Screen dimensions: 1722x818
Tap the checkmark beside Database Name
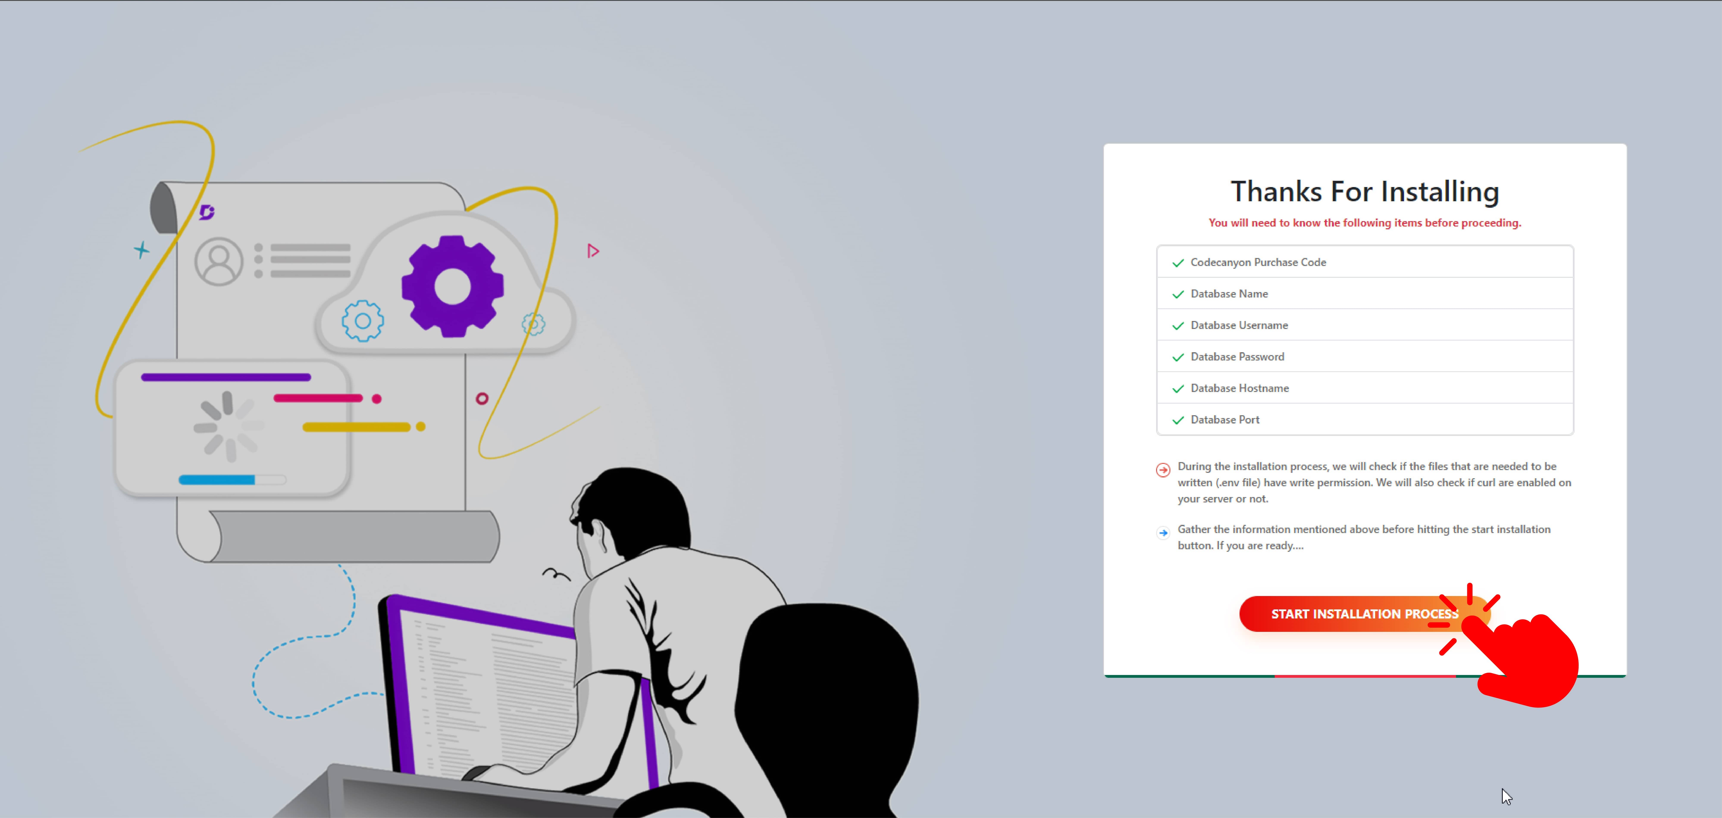point(1178,294)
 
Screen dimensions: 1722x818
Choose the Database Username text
point(1239,325)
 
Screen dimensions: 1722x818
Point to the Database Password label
point(1237,357)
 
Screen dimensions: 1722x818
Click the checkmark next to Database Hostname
point(1178,389)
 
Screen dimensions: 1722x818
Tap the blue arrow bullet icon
point(1163,533)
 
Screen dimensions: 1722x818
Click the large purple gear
point(452,286)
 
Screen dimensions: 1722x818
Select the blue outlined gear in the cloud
point(363,321)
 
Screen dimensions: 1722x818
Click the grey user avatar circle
point(219,261)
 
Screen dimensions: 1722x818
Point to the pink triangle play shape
point(592,251)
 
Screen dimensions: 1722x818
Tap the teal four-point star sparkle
point(141,250)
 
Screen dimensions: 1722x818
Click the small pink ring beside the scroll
point(482,399)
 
